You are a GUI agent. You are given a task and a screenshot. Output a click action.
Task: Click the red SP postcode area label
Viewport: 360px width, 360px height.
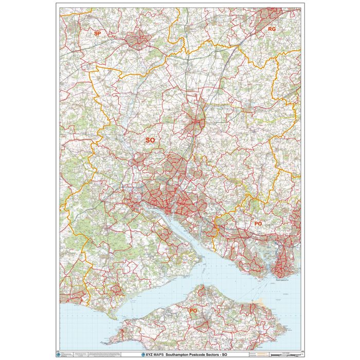(x=97, y=33)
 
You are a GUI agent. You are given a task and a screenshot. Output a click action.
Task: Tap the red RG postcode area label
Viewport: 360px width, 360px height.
(x=272, y=29)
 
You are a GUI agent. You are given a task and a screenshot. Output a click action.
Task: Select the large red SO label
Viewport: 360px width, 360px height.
(x=150, y=140)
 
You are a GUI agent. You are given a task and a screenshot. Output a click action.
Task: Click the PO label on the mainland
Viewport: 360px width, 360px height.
(x=258, y=224)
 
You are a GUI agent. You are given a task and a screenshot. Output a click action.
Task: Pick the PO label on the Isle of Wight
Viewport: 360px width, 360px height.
(x=193, y=311)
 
